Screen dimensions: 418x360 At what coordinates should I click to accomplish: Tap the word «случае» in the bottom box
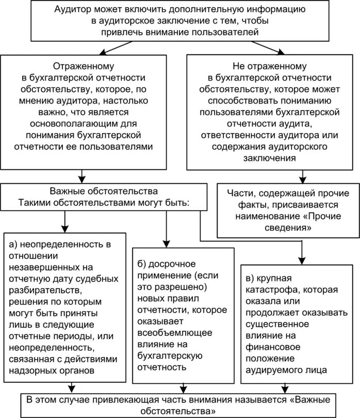pos(71,400)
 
